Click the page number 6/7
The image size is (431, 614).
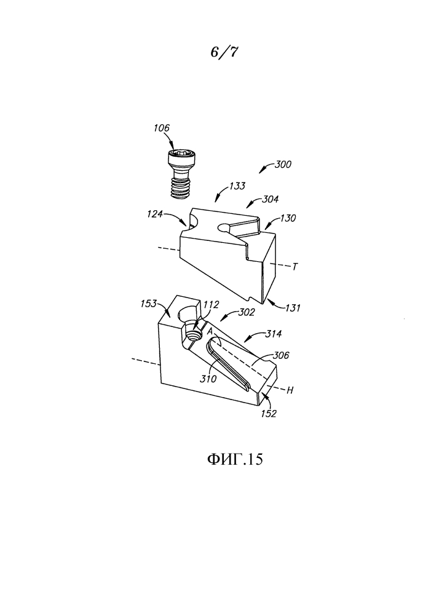click(x=224, y=52)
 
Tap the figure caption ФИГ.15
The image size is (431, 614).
click(x=235, y=459)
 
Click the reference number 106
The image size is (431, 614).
click(x=162, y=128)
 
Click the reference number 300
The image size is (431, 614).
click(x=283, y=164)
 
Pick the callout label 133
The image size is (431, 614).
click(x=237, y=186)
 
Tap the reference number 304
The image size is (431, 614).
click(x=271, y=199)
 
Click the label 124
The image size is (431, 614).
click(x=155, y=214)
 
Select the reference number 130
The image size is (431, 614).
click(x=288, y=218)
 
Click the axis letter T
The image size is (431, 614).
click(x=295, y=267)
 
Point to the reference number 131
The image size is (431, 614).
click(x=292, y=308)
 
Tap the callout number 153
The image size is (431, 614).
click(x=149, y=304)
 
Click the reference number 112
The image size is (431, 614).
click(x=211, y=304)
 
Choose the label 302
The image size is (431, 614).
click(x=247, y=312)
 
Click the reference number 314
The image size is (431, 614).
click(x=274, y=334)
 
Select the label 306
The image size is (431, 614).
click(x=281, y=355)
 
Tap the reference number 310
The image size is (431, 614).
click(x=208, y=379)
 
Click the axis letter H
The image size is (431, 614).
click(x=290, y=390)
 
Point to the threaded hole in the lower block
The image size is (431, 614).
click(x=192, y=334)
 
